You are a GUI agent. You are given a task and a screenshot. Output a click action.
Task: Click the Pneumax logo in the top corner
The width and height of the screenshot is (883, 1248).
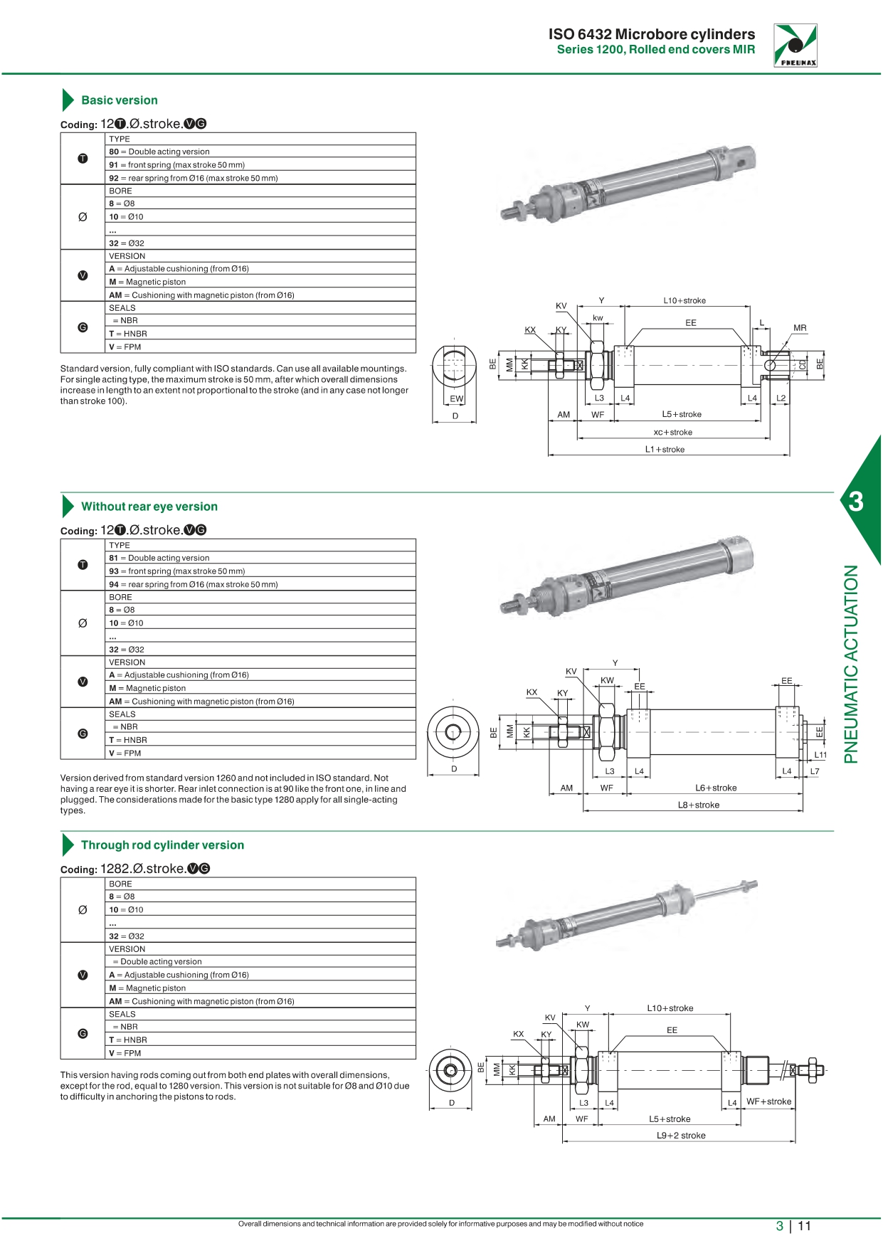click(795, 45)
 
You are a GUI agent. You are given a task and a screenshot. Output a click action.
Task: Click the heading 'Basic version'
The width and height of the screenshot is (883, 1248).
click(119, 100)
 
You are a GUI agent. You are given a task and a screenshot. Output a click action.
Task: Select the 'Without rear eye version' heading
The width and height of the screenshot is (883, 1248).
click(149, 507)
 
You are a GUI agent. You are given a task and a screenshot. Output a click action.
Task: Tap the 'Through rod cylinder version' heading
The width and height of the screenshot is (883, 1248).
click(162, 845)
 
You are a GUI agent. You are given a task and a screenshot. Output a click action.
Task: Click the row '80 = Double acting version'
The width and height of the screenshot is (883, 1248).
click(159, 152)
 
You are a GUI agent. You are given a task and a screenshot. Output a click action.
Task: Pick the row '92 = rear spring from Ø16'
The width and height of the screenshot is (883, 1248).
click(193, 178)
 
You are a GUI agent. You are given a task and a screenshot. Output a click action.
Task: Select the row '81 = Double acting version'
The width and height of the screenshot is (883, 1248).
click(159, 558)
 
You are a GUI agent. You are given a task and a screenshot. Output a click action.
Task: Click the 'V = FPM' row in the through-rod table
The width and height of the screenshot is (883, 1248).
click(125, 1053)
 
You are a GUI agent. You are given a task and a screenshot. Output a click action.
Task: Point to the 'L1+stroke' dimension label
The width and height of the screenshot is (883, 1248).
click(665, 450)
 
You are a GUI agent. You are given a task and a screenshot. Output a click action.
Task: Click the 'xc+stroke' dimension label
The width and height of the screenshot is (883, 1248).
click(672, 433)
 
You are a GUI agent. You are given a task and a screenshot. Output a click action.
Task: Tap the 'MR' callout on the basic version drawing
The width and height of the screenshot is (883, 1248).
click(800, 328)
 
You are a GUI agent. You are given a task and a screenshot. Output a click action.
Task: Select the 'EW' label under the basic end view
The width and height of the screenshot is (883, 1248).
click(456, 399)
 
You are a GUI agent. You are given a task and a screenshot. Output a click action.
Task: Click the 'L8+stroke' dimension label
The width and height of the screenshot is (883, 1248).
click(698, 805)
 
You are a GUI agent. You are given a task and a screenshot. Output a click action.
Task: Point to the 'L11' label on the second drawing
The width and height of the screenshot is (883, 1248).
click(820, 755)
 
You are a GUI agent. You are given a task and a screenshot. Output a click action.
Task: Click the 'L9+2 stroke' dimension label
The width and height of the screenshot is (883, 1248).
click(681, 1136)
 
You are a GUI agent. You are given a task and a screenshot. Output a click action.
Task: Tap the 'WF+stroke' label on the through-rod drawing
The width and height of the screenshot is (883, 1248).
click(768, 1101)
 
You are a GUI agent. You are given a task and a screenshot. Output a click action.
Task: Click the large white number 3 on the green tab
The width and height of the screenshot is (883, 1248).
click(856, 502)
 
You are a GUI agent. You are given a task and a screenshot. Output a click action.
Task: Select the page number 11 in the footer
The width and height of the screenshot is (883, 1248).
click(804, 1226)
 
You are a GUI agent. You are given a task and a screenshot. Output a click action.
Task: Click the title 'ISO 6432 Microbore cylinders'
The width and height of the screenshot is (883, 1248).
click(651, 34)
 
